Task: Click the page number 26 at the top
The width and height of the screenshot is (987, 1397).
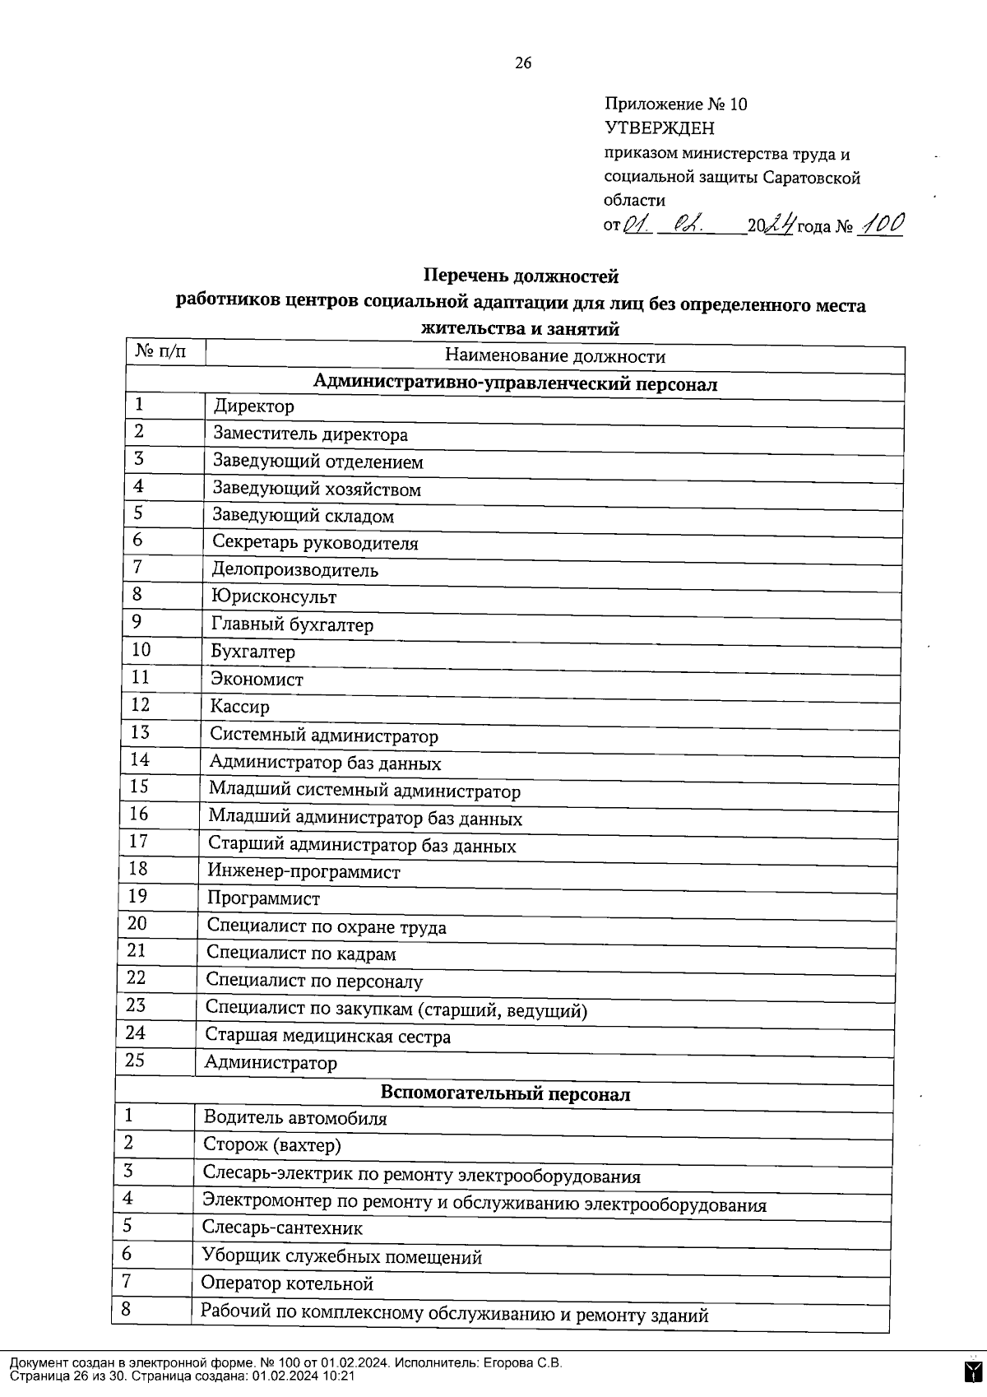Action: pyautogui.click(x=523, y=63)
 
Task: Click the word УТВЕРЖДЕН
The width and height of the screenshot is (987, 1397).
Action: pyautogui.click(x=660, y=128)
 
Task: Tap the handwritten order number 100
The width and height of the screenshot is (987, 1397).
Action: pyautogui.click(x=880, y=224)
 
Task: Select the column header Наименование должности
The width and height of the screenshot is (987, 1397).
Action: pyautogui.click(x=554, y=356)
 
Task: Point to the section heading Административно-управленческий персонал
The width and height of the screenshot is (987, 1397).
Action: pyautogui.click(x=515, y=383)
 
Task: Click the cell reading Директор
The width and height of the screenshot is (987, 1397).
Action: pyautogui.click(x=253, y=406)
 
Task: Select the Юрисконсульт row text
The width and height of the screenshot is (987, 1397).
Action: pyautogui.click(x=273, y=596)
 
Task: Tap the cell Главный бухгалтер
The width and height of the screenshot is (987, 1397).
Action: pyautogui.click(x=292, y=624)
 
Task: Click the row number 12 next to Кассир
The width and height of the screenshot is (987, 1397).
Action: pyautogui.click(x=141, y=704)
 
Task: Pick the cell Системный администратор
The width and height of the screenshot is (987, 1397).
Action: pyautogui.click(x=323, y=736)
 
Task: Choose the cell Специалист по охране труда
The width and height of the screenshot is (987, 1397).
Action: pyautogui.click(x=326, y=927)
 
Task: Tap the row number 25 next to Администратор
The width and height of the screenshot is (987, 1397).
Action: pyautogui.click(x=135, y=1061)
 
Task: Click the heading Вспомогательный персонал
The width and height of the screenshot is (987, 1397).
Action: pyautogui.click(x=505, y=1093)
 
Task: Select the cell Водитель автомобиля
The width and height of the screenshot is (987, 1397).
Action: pyautogui.click(x=294, y=1118)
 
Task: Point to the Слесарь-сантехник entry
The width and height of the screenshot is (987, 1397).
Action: pyautogui.click(x=282, y=1228)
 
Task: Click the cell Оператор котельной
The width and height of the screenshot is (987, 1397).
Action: pyautogui.click(x=287, y=1283)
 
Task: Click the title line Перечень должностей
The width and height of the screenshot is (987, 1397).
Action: pyautogui.click(x=520, y=276)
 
